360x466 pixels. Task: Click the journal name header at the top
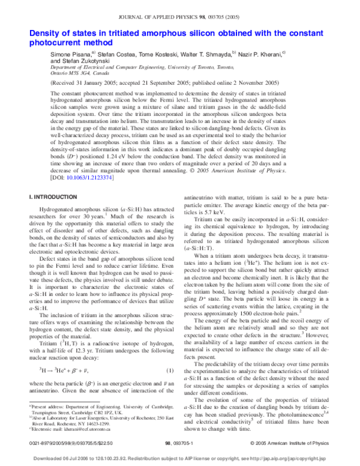(x=179, y=8)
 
